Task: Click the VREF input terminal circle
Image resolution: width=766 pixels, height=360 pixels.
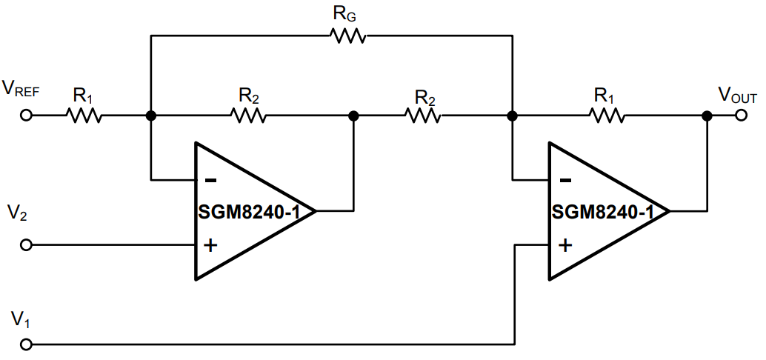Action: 27,116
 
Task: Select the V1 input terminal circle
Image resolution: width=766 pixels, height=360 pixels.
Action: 27,344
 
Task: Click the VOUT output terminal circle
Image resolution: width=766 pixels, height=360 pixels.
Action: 741,116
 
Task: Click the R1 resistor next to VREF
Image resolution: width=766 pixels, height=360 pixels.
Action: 84,116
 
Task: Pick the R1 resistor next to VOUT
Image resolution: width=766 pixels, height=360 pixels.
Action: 607,116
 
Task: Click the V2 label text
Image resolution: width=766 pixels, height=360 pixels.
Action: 18,215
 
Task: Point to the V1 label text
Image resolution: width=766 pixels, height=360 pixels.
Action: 19,320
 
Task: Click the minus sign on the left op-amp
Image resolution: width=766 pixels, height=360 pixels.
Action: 211,180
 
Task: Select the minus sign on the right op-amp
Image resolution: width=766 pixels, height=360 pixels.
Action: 565,180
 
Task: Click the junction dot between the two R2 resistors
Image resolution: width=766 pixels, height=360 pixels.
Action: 354,116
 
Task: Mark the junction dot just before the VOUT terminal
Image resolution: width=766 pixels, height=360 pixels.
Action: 707,116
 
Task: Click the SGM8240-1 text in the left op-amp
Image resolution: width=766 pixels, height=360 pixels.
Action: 248,212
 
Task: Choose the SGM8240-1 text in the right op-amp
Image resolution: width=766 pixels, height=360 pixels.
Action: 602,212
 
